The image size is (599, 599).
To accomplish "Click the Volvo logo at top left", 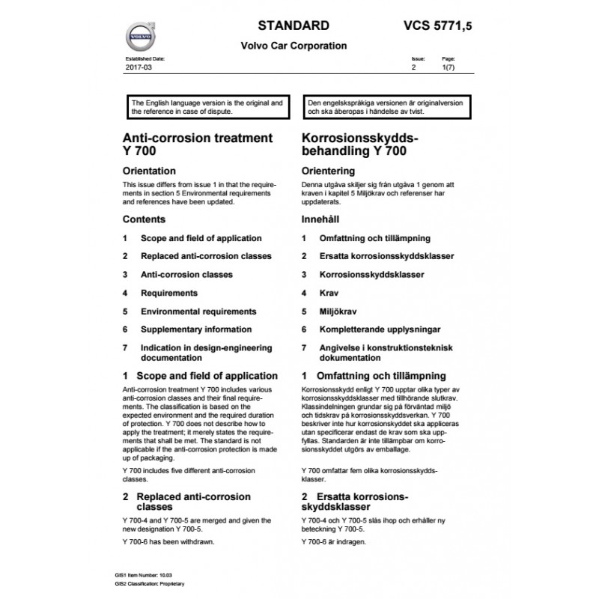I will click(x=140, y=34).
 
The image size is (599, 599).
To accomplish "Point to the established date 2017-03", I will click(x=135, y=67).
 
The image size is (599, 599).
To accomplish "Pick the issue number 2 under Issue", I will click(x=413, y=67).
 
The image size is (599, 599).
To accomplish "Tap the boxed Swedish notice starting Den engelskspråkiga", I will click(x=385, y=106).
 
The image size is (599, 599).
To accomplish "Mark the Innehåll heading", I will click(x=323, y=220).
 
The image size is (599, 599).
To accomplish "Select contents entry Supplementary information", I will click(x=195, y=329).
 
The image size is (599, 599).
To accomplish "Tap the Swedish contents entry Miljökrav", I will click(x=337, y=311).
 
